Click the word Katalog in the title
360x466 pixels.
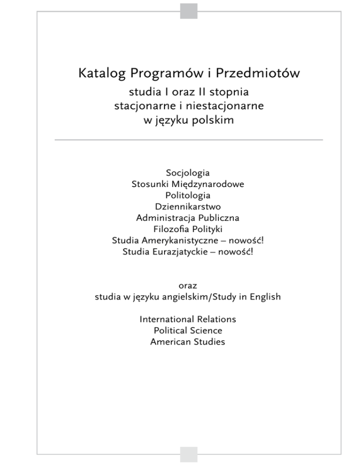click(102, 74)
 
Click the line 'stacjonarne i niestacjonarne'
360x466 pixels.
click(189, 106)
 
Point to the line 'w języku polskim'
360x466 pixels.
click(188, 120)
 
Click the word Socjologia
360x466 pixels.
click(187, 173)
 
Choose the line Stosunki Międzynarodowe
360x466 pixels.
click(187, 184)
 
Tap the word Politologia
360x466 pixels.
click(187, 195)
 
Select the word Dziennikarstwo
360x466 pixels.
click(187, 207)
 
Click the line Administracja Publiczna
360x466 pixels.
click(187, 218)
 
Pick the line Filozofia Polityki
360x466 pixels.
click(187, 229)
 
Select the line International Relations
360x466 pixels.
click(187, 319)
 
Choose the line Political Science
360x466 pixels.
click(187, 331)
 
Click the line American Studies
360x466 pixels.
click(187, 342)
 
